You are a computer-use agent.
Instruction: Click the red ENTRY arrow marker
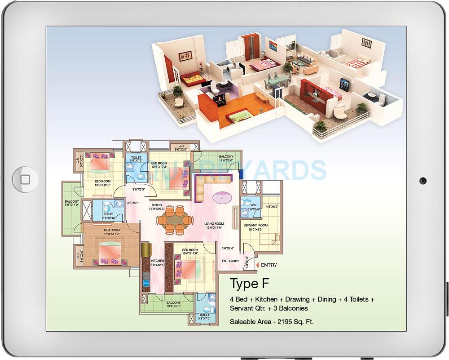click(257, 265)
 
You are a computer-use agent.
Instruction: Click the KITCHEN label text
click(158, 262)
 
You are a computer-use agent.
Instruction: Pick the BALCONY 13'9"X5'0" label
click(173, 304)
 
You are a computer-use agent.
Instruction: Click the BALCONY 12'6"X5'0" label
click(226, 158)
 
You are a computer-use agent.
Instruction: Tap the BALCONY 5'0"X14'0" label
click(72, 203)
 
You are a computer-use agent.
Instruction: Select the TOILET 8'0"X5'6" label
click(109, 216)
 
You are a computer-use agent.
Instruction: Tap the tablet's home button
click(25, 180)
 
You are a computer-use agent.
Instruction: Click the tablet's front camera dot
click(423, 181)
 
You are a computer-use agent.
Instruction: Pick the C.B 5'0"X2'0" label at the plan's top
click(182, 147)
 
